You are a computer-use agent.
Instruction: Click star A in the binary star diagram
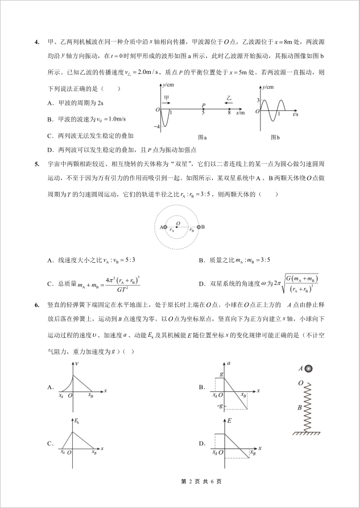(x=164, y=227)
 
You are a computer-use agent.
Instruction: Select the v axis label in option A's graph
(x=76, y=362)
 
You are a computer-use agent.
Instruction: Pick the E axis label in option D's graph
(x=229, y=421)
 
